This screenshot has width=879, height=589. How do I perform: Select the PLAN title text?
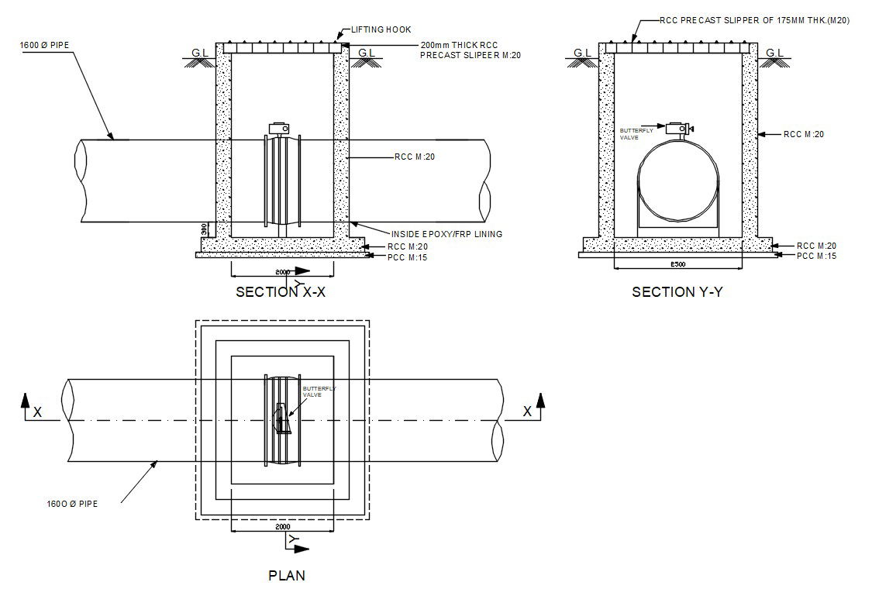coord(286,575)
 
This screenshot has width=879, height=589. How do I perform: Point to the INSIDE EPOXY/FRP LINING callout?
coord(446,233)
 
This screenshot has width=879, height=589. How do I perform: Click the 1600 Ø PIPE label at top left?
coord(44,45)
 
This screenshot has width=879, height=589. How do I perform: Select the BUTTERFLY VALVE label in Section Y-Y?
coord(636,133)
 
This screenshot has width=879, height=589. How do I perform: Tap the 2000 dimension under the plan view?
coord(283,526)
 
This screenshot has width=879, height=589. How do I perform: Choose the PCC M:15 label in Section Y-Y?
coord(816,255)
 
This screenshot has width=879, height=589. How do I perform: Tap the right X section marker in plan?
coord(527,412)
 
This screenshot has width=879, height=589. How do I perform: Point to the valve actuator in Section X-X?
coord(279,128)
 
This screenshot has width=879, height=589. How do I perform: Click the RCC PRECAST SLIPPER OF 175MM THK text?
coord(754,21)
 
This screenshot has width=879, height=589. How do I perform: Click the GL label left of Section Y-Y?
coord(582,53)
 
